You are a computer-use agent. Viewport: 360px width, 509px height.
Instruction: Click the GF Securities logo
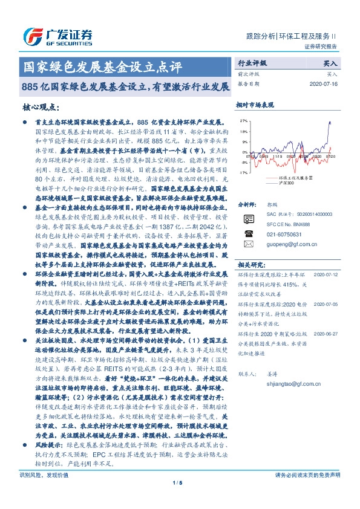(57, 34)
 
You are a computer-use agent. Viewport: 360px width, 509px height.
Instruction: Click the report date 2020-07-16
(325, 84)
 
